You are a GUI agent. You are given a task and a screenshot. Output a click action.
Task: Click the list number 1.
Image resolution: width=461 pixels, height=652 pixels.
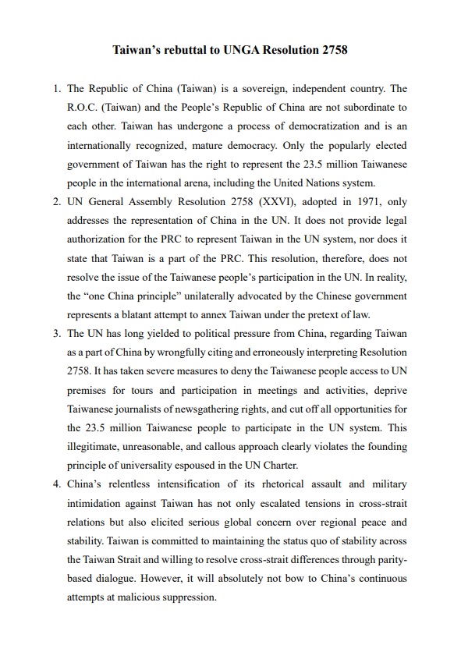pos(56,88)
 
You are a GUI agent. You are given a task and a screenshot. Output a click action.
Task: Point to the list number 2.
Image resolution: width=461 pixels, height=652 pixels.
pos(56,202)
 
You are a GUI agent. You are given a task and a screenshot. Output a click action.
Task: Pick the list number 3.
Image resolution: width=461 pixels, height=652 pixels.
pos(56,334)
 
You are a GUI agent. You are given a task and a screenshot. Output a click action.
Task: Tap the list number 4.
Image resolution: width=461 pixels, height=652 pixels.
pos(56,484)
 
